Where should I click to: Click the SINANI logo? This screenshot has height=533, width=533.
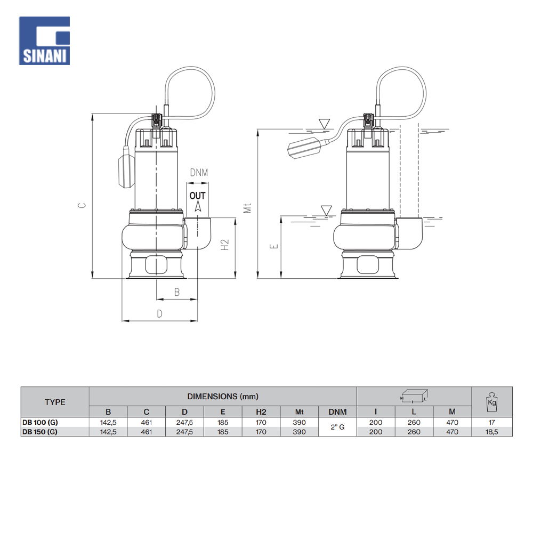[44, 41]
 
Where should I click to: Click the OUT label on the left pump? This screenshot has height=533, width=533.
[198, 196]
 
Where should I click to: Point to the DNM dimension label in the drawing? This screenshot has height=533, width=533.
[199, 173]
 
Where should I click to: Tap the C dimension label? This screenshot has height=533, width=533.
[82, 205]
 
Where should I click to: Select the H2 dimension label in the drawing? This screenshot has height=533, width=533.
[225, 245]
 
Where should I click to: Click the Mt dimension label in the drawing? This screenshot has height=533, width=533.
[247, 208]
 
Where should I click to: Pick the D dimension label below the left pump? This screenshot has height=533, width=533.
[159, 314]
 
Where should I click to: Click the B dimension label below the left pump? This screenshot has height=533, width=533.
[177, 292]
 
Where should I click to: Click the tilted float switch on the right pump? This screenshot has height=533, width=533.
[307, 147]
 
